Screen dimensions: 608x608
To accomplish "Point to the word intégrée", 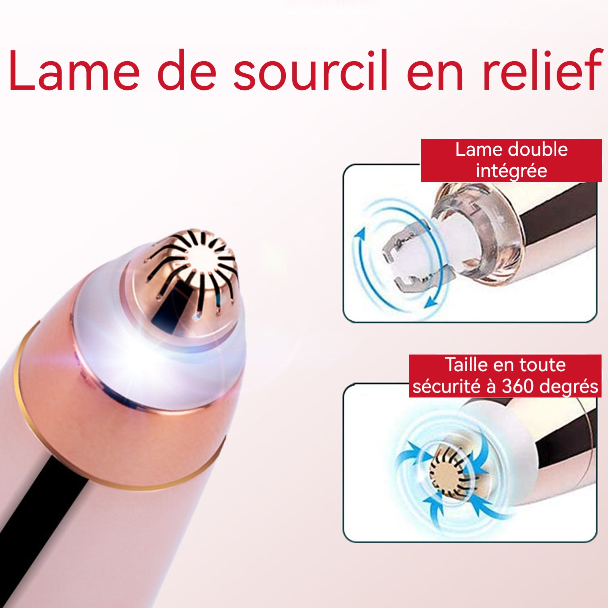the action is [x=511, y=171].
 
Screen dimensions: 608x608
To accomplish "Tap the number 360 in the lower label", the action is [x=518, y=386].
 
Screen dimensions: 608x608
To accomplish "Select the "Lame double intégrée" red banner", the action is [x=511, y=160].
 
